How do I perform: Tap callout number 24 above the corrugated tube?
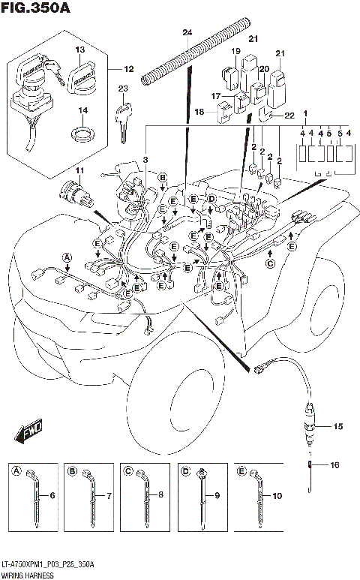pos(187,32)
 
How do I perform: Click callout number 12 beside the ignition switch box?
pos(129,70)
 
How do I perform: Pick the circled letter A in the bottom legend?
pos(16,471)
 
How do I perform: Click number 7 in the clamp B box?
pos(109,497)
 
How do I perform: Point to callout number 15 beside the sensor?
pos(337,426)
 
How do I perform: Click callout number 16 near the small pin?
pos(334,465)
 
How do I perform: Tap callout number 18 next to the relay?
pos(199,112)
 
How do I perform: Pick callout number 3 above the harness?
pos(145,160)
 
